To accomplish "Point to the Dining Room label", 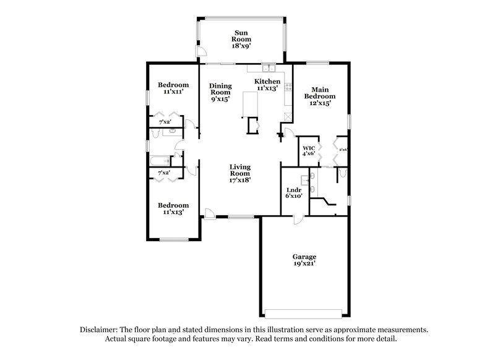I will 220,90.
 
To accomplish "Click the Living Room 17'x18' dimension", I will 240,181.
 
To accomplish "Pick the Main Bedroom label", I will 320,93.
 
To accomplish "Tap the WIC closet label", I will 309,148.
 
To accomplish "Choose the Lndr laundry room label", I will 294,191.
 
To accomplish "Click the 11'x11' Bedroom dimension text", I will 173,92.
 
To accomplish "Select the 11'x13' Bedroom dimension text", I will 173,212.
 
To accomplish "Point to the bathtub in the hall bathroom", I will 160,162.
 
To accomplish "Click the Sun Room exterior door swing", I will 201,52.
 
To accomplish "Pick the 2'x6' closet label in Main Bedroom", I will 343,148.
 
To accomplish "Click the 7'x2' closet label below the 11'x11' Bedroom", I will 165,122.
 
